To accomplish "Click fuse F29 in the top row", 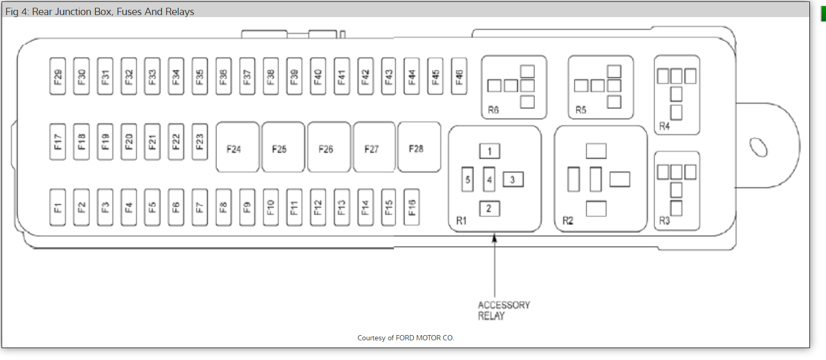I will click(57, 76).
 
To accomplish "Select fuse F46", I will click(459, 76).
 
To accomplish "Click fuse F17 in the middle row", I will click(57, 141).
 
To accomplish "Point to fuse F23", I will click(199, 141).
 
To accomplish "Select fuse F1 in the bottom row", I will click(57, 207).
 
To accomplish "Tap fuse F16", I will click(412, 207).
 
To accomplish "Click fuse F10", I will click(270, 207).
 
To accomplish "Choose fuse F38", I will click(270, 76).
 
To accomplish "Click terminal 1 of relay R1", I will click(489, 151).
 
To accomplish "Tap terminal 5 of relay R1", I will click(467, 180).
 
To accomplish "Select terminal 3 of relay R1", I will click(513, 180).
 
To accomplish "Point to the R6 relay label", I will click(493, 110).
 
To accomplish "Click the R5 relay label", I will click(581, 110).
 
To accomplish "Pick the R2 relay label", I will click(568, 221).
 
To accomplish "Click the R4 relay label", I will click(664, 126).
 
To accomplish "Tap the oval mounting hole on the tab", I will click(759, 147).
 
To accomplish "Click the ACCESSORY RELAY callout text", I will click(503, 310).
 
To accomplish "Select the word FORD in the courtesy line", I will click(404, 338).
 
